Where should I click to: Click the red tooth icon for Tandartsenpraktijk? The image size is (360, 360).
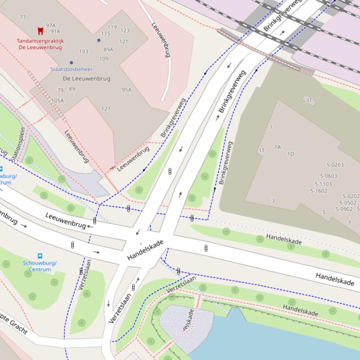point(40,31)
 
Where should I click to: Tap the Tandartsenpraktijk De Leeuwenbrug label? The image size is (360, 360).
point(40,44)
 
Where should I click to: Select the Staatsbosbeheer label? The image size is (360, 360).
point(71,69)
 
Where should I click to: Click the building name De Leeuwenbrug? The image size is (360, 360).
point(87,79)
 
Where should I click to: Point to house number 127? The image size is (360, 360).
point(106,109)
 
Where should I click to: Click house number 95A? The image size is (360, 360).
point(126,90)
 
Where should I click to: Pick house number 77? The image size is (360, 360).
point(22,18)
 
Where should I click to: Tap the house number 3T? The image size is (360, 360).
point(309,100)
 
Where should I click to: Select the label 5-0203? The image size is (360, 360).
point(335,165)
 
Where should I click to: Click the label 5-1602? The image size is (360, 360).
point(318,191)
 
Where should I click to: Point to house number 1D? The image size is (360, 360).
point(290,154)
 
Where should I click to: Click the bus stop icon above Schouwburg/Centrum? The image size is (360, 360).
point(40,256)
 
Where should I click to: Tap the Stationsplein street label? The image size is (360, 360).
point(17,144)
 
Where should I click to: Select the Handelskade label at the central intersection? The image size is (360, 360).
point(145,250)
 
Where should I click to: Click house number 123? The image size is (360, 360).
point(125,31)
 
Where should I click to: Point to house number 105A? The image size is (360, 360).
point(58,101)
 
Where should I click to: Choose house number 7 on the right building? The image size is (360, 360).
point(349,223)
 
